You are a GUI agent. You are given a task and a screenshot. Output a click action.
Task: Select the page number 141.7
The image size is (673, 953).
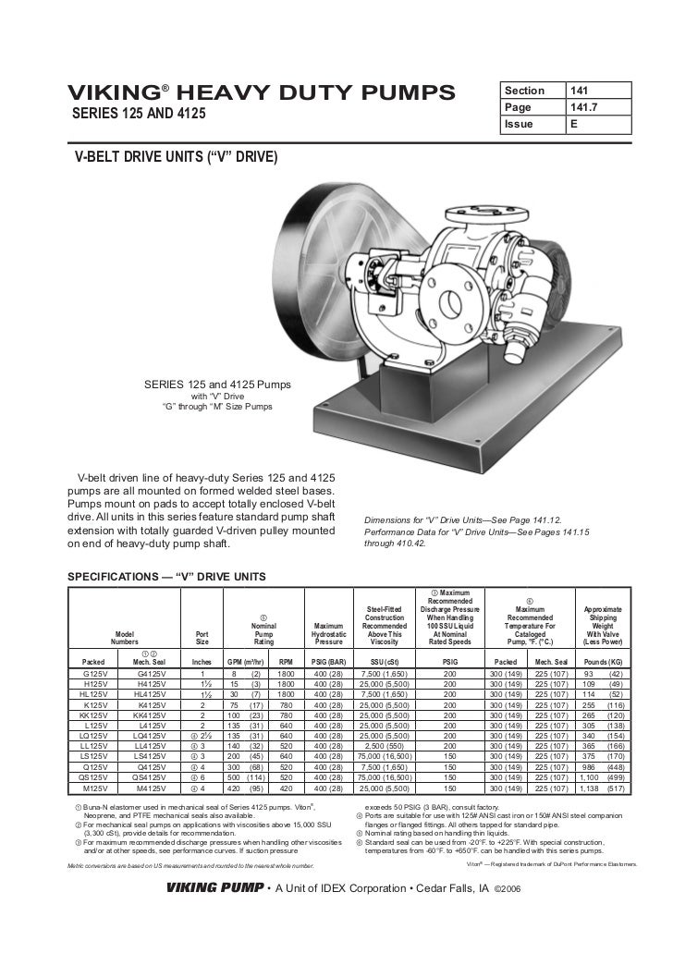click(586, 107)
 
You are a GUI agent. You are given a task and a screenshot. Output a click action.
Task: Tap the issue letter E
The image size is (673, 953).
click(575, 123)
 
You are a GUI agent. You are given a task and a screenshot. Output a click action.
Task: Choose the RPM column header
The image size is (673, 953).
click(286, 662)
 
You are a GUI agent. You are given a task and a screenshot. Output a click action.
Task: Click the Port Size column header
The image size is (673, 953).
click(202, 639)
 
